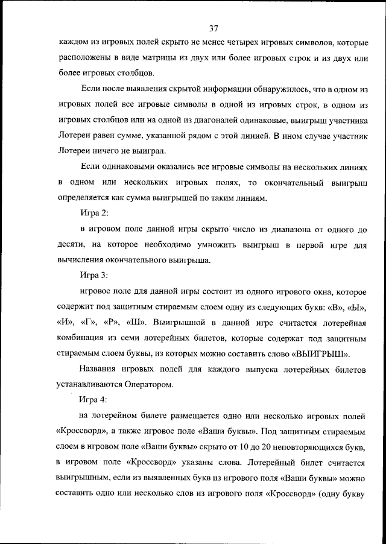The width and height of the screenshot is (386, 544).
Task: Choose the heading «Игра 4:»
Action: point(94,399)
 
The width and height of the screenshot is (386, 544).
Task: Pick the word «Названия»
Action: point(98,368)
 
